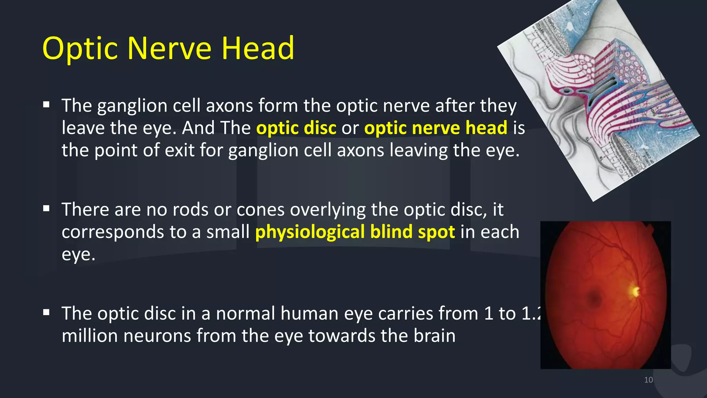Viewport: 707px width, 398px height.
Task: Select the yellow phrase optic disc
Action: click(x=296, y=128)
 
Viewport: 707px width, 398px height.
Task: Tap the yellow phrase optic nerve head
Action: click(x=436, y=128)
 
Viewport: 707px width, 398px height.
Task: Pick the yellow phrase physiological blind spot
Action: click(x=355, y=232)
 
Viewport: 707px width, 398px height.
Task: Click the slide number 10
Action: click(x=648, y=380)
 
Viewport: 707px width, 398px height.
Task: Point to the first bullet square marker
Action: click(x=47, y=105)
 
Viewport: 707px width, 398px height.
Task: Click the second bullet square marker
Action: click(x=47, y=209)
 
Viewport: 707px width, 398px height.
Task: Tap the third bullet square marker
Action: click(x=47, y=313)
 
